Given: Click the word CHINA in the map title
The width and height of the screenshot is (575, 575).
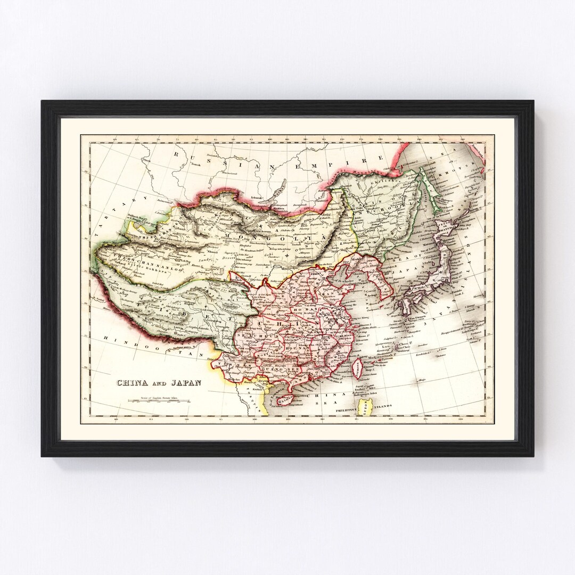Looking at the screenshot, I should click(x=133, y=383).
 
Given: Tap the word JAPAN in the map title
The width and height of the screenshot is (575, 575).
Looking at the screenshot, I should click(x=184, y=383).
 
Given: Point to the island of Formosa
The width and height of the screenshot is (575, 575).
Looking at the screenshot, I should click(x=360, y=367).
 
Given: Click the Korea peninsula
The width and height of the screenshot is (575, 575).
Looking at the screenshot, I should click(x=381, y=280).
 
